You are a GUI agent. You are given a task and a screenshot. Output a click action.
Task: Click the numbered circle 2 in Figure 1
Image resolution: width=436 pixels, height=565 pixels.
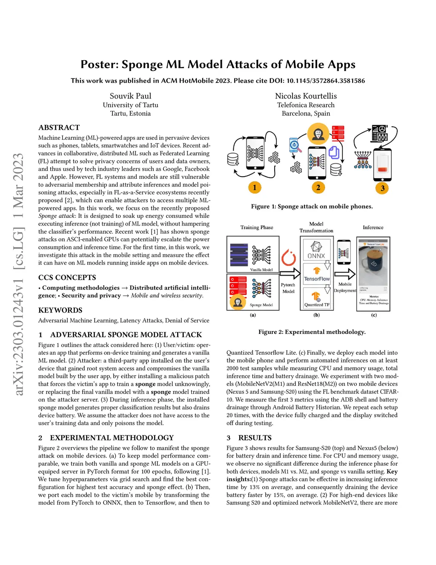point(318,187)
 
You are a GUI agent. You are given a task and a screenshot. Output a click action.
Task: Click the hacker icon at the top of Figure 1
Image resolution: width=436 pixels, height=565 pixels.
point(318,133)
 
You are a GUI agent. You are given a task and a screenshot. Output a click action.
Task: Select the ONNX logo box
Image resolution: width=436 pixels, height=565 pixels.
point(316,250)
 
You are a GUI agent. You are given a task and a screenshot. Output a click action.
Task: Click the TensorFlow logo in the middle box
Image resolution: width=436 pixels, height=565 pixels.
point(317,274)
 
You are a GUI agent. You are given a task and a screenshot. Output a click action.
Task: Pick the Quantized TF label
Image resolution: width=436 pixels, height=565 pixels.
point(317,305)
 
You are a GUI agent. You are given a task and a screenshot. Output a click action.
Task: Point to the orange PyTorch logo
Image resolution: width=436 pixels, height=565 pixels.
point(289,257)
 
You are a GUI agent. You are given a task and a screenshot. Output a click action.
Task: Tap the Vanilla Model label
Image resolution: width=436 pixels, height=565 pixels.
point(261,269)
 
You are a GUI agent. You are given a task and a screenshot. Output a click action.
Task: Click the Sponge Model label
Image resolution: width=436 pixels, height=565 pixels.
point(261,305)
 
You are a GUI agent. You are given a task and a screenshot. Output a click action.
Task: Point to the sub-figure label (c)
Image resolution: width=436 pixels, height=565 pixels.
point(374,315)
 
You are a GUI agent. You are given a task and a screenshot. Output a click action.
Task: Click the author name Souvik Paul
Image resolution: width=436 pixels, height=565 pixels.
point(130,96)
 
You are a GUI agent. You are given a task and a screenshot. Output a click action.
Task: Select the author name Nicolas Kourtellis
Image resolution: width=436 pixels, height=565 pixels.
point(306,96)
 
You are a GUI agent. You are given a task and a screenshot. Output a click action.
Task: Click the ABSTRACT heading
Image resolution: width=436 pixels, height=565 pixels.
point(59,127)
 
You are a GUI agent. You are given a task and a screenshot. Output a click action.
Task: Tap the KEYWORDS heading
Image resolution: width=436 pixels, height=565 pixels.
point(60,310)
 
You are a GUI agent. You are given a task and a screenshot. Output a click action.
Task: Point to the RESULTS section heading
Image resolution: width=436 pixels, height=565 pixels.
point(255,438)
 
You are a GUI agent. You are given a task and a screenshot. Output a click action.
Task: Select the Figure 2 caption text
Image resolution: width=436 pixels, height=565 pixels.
point(312,332)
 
